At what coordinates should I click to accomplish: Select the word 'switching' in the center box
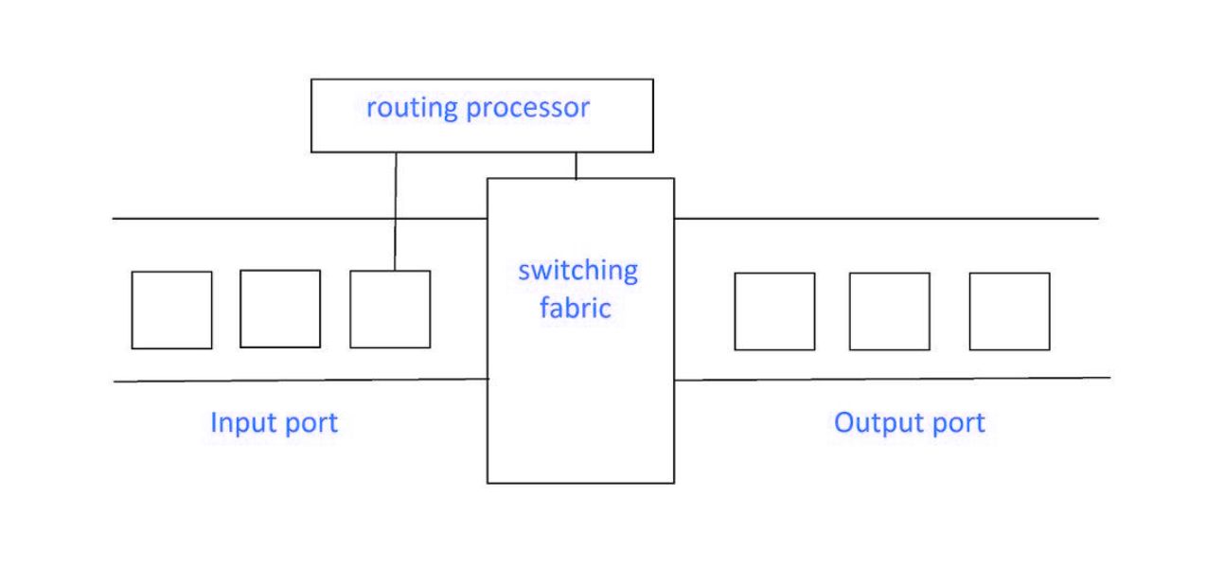click(x=577, y=272)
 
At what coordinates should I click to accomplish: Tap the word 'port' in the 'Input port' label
click(x=308, y=423)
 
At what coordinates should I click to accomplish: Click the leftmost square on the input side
click(x=171, y=310)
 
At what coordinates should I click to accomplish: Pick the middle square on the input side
click(x=280, y=309)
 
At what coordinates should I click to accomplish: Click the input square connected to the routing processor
click(x=390, y=310)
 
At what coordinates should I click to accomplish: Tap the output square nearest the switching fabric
click(x=774, y=311)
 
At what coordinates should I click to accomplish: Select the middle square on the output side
click(x=889, y=311)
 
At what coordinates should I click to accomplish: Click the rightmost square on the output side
click(x=1009, y=311)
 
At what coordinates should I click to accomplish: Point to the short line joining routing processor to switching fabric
click(x=576, y=165)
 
